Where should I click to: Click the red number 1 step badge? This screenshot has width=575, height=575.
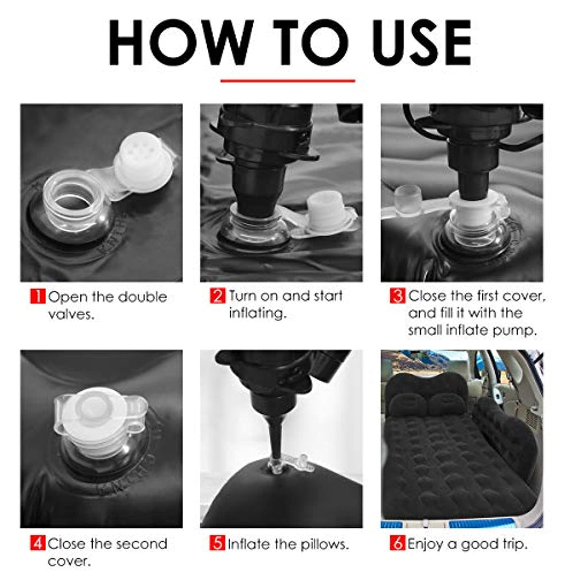(x=38, y=296)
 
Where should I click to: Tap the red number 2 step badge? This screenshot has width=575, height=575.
(x=217, y=296)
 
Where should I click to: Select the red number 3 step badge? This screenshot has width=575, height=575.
(x=398, y=296)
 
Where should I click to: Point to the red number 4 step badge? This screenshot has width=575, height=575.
(x=38, y=543)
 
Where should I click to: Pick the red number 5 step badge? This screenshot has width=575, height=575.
(x=217, y=543)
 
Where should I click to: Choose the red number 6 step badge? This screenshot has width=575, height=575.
(x=398, y=543)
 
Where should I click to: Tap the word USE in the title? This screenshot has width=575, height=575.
(x=422, y=43)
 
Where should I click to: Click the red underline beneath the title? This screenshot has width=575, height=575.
(x=288, y=81)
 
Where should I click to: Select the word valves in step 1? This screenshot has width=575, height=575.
(x=71, y=314)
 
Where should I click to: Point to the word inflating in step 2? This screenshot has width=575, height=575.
(x=257, y=313)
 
